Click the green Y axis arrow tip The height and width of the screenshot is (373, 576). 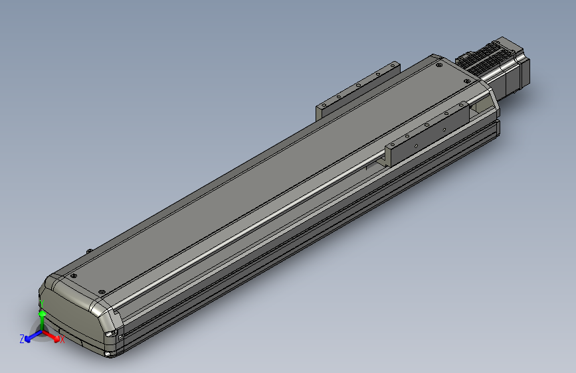coord(41,313)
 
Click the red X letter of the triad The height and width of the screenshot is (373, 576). coord(62,340)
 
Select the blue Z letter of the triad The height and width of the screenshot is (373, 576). coord(22,338)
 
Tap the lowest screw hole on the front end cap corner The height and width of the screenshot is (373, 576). coord(107,354)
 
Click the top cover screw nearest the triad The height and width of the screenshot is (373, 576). coord(74,275)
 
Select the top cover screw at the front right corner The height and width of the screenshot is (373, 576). coord(102,292)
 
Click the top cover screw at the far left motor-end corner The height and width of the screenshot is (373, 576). coord(438,65)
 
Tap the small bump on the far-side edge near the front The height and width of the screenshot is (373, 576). coord(89,250)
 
